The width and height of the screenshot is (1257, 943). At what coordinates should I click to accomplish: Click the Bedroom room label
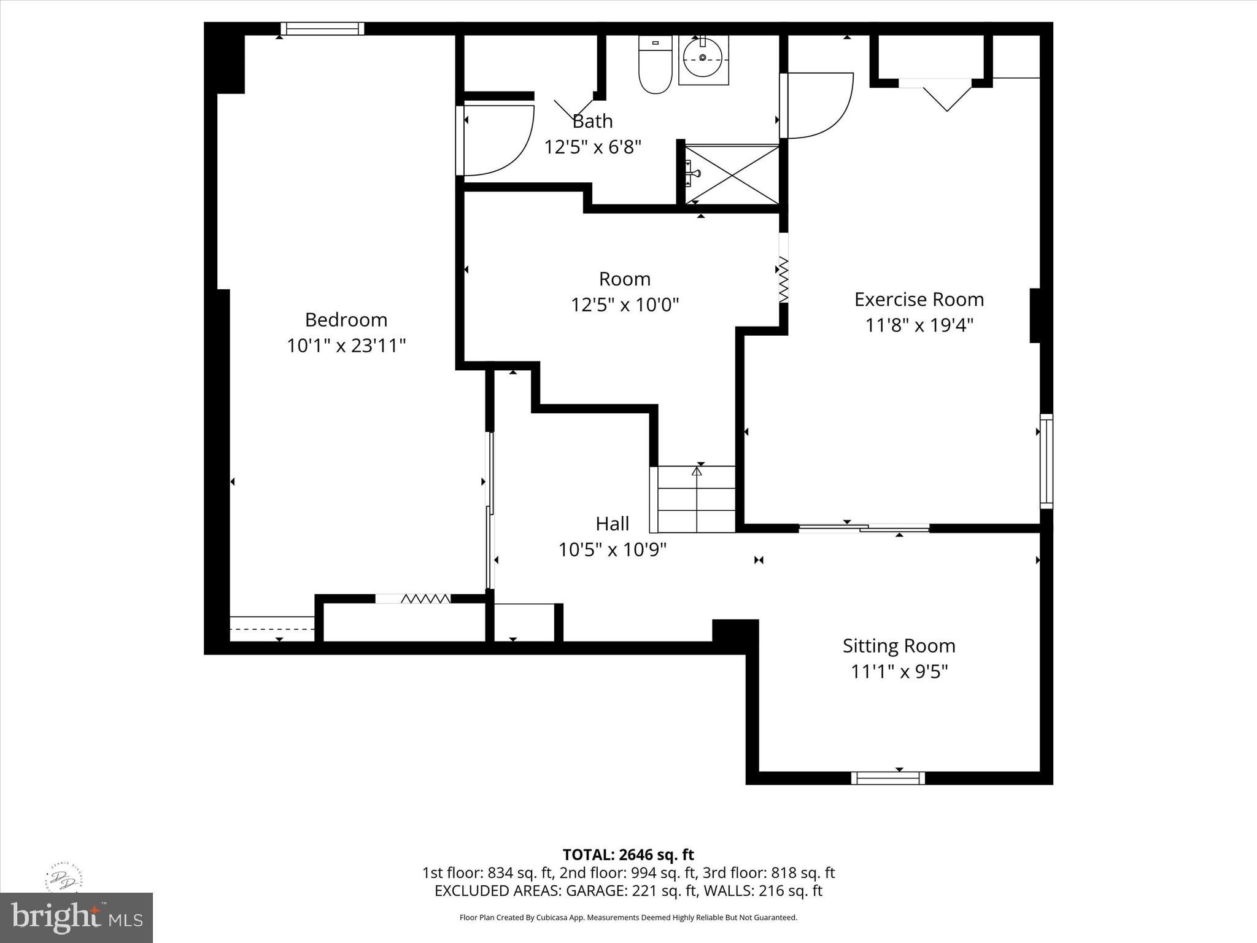point(346,320)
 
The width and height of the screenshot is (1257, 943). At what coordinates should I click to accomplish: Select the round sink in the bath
point(703,58)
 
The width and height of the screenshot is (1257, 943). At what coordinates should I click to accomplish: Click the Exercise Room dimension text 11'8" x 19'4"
point(919,325)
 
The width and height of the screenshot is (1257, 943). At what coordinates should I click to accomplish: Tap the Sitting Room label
point(899,646)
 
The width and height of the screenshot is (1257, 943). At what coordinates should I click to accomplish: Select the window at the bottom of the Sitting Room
point(888,778)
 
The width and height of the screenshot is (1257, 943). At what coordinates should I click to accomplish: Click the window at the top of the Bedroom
point(322,28)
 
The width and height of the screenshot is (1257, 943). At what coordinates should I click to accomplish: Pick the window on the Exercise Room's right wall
point(1046,461)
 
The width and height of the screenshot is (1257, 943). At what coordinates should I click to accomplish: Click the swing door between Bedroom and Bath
point(494,141)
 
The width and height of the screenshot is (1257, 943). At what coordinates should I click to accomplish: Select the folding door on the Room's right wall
point(784,279)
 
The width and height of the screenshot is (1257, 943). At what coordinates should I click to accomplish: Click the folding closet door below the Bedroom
point(425,599)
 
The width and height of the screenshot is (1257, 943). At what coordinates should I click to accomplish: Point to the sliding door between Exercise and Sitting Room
point(864,527)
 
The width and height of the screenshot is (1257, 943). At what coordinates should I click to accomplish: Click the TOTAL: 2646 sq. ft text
point(628,855)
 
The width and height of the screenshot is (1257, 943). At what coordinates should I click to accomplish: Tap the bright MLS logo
point(76,917)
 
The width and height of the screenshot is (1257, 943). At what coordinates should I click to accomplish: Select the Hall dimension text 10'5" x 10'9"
point(612,549)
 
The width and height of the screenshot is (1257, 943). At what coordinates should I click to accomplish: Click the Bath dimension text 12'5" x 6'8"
point(592,147)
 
